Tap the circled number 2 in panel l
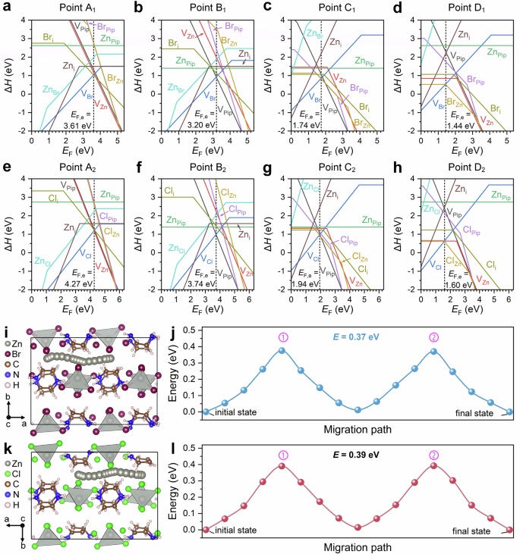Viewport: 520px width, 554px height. [433, 450]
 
